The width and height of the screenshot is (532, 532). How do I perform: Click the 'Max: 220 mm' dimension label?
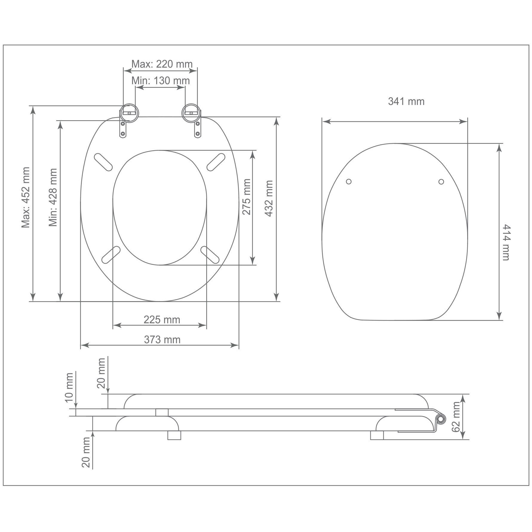tap(162, 64)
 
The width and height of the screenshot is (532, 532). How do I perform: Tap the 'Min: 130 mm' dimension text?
tap(161, 81)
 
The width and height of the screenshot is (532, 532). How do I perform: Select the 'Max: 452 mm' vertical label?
tap(26, 197)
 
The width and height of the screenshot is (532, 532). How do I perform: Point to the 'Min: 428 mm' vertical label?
tap(53, 197)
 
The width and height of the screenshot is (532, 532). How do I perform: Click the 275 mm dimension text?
tap(246, 197)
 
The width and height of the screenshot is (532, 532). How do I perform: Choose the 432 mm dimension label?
tap(269, 198)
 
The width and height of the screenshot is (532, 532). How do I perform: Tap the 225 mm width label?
tap(162, 320)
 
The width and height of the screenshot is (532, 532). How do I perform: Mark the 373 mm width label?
tap(162, 340)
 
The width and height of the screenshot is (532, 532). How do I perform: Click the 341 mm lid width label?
tap(406, 102)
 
